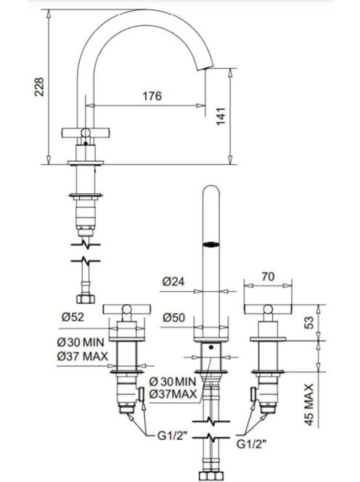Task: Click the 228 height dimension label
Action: click(x=39, y=87)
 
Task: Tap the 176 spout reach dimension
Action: click(x=152, y=96)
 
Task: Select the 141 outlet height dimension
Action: click(x=221, y=116)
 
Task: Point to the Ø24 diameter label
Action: click(x=173, y=281)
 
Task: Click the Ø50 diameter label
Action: click(x=173, y=317)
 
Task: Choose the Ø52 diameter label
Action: click(x=73, y=316)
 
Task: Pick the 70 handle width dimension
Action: click(x=268, y=277)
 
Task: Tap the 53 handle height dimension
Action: click(x=310, y=322)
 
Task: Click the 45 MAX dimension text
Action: click(x=308, y=404)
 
